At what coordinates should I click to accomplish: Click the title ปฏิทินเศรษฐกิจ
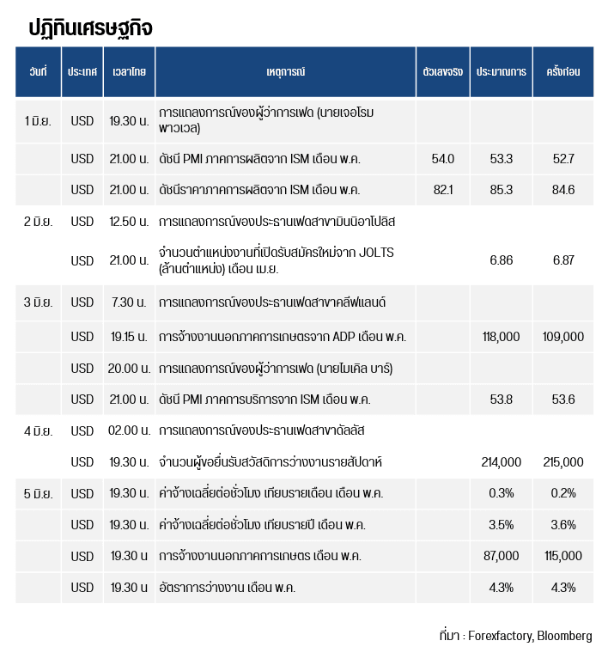tap(90, 28)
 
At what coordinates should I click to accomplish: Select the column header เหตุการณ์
tap(285, 71)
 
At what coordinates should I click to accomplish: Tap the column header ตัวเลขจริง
tap(443, 71)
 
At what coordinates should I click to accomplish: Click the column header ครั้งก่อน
tap(563, 71)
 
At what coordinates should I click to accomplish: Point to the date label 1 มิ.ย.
tap(38, 121)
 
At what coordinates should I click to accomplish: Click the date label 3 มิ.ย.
tap(38, 302)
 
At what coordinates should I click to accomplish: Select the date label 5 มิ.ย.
tap(38, 493)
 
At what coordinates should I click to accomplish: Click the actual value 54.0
tap(443, 159)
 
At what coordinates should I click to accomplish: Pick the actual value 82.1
tap(443, 190)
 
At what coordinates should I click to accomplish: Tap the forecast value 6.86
tap(501, 260)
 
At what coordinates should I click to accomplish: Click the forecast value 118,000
tap(501, 337)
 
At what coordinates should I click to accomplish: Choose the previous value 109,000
tap(563, 337)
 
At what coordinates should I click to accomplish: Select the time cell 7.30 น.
tap(129, 302)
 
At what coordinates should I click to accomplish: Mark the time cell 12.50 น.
tap(129, 221)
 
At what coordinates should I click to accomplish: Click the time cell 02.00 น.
tap(129, 430)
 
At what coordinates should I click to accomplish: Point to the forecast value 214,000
tap(501, 462)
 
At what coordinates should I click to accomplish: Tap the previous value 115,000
tap(563, 556)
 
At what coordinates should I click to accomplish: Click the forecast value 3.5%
tap(501, 524)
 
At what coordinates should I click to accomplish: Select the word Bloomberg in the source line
tap(564, 636)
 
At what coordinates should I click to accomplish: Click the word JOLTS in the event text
tap(376, 253)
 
